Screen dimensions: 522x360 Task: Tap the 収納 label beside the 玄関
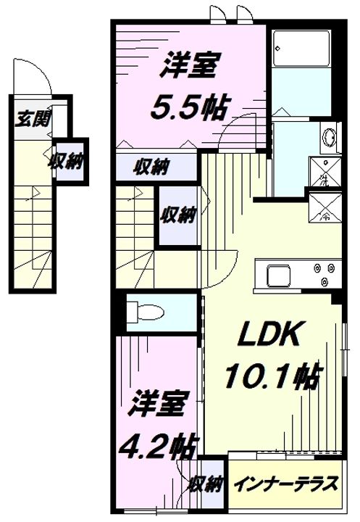point(65,161)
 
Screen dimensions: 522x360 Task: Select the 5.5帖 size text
point(188,107)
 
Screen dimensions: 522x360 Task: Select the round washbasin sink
point(328,136)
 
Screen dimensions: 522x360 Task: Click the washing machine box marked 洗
point(320,173)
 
